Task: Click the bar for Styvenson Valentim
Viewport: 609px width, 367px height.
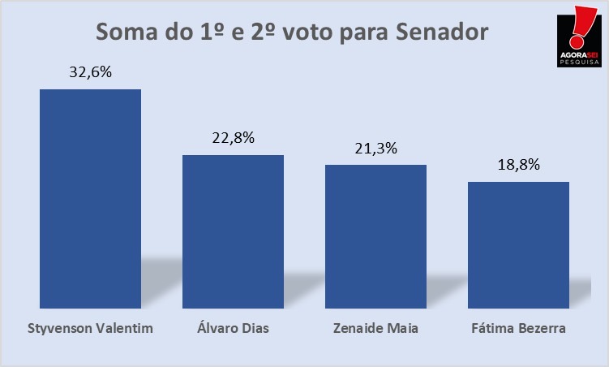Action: (90, 195)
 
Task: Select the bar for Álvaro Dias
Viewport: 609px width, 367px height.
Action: (233, 227)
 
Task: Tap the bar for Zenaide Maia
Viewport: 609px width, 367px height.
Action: (375, 232)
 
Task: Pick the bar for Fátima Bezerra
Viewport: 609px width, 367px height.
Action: (518, 240)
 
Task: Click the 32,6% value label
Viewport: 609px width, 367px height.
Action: (90, 71)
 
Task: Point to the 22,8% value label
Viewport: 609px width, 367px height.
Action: (233, 137)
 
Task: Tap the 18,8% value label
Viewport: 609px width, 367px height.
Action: (518, 164)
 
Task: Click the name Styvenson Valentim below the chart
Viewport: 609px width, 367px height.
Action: (90, 329)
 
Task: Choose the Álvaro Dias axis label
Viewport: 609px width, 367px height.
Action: (233, 329)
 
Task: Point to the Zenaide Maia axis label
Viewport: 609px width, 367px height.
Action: (375, 329)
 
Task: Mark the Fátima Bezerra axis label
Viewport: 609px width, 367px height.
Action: (518, 329)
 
